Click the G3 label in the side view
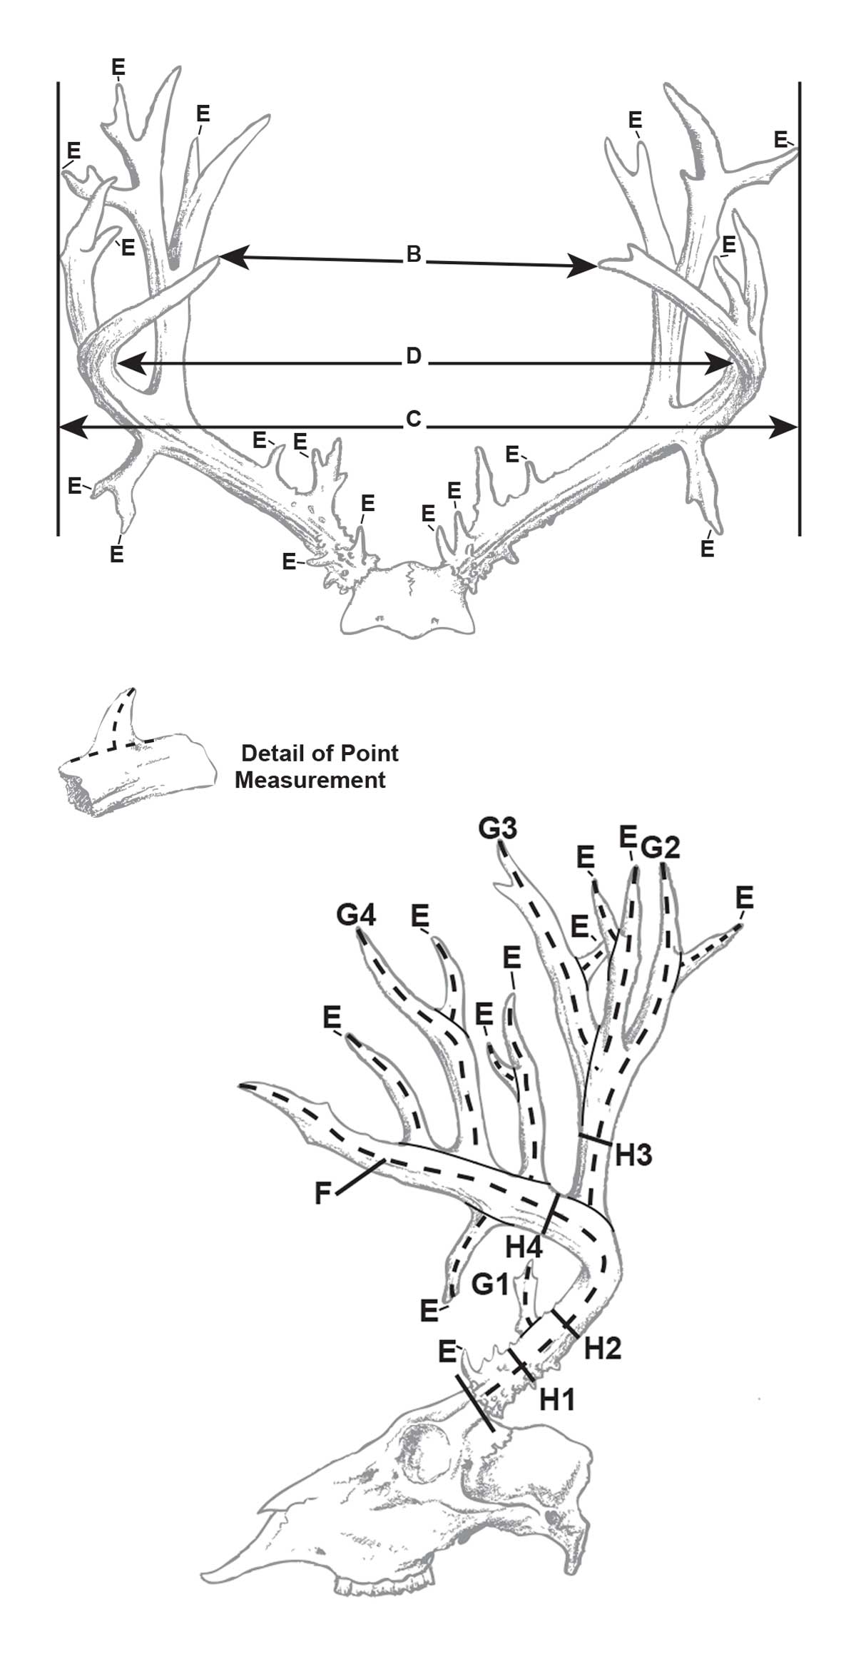click(x=497, y=829)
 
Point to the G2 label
click(x=660, y=848)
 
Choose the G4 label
click(x=356, y=915)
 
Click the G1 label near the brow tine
click(x=490, y=1284)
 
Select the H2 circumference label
click(x=603, y=1348)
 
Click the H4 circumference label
click(x=524, y=1247)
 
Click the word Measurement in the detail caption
click(x=310, y=780)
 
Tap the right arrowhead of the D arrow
click(x=722, y=365)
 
